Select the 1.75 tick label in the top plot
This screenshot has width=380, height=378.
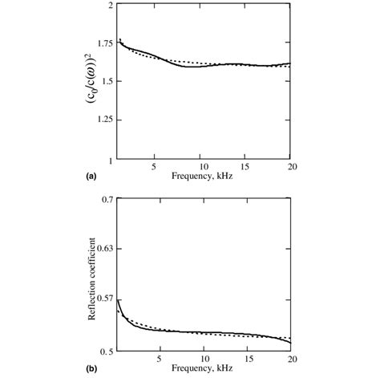(104, 43)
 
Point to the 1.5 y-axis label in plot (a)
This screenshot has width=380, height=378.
(107, 81)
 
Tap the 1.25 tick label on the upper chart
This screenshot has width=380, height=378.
(104, 120)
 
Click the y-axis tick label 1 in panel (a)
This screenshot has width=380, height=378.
(111, 158)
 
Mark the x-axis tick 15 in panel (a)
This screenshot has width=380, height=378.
(247, 168)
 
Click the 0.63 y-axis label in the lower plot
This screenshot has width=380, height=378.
(105, 249)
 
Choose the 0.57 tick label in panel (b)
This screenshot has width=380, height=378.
(105, 299)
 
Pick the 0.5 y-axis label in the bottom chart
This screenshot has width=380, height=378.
(107, 351)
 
